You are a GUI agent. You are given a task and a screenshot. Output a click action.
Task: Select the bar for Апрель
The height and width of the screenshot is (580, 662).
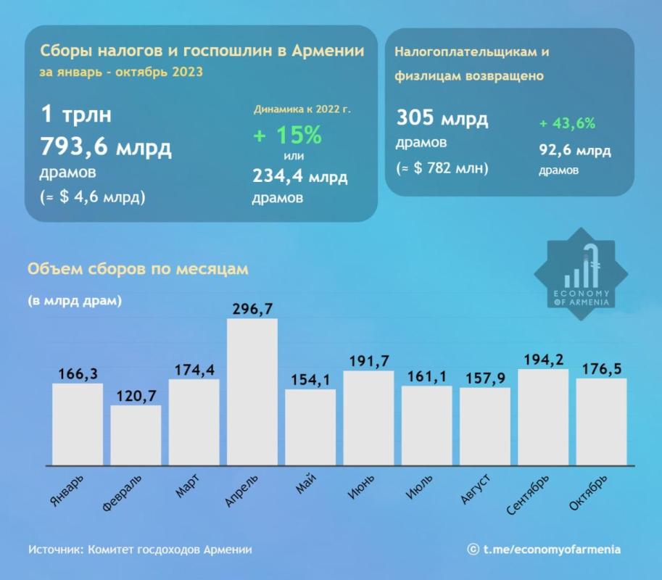252,391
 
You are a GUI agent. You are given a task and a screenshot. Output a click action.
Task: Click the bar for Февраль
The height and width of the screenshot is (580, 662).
136,435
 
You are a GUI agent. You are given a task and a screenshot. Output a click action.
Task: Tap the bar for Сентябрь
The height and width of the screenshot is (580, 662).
543,417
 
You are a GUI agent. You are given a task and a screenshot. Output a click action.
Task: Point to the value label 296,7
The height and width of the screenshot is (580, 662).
252,309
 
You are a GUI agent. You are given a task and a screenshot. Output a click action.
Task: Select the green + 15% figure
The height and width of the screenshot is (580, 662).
287,135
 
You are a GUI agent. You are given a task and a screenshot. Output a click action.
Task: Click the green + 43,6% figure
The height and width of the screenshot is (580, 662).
567,123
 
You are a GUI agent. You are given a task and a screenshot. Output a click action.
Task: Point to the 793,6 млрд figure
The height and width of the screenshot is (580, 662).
106,148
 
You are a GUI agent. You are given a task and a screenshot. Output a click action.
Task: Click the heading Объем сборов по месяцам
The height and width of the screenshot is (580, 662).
138,269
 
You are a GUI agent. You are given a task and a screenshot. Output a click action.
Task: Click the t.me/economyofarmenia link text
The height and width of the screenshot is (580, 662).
552,550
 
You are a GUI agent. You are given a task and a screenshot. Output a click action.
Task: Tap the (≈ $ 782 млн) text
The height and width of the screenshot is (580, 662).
442,168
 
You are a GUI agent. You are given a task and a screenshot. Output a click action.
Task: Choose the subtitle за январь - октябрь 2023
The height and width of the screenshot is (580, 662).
121,72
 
